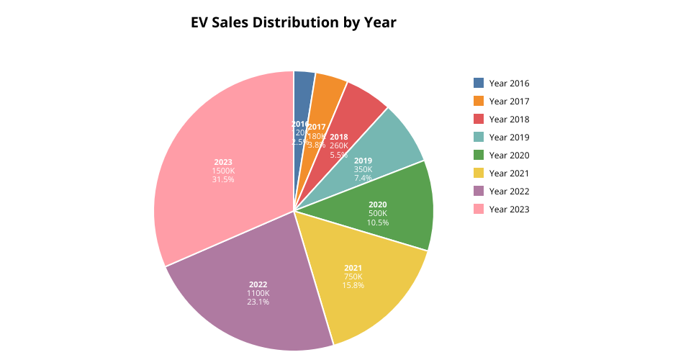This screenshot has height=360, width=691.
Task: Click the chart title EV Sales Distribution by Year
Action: pos(293,22)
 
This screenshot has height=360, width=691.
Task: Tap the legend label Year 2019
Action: pos(509,137)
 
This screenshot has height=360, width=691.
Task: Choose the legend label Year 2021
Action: pos(509,173)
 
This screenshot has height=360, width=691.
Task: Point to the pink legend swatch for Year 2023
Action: pos(479,209)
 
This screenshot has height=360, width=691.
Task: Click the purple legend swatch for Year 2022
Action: pos(479,191)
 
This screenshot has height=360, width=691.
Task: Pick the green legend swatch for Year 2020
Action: pos(479,155)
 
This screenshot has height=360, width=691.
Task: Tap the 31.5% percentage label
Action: pos(222,179)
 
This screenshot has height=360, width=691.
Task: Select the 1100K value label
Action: pos(258,293)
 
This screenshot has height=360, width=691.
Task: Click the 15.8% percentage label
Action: pos(353,285)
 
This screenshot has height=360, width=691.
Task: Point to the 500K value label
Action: pos(377,213)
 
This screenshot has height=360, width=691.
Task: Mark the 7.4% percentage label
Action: pos(363,178)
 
